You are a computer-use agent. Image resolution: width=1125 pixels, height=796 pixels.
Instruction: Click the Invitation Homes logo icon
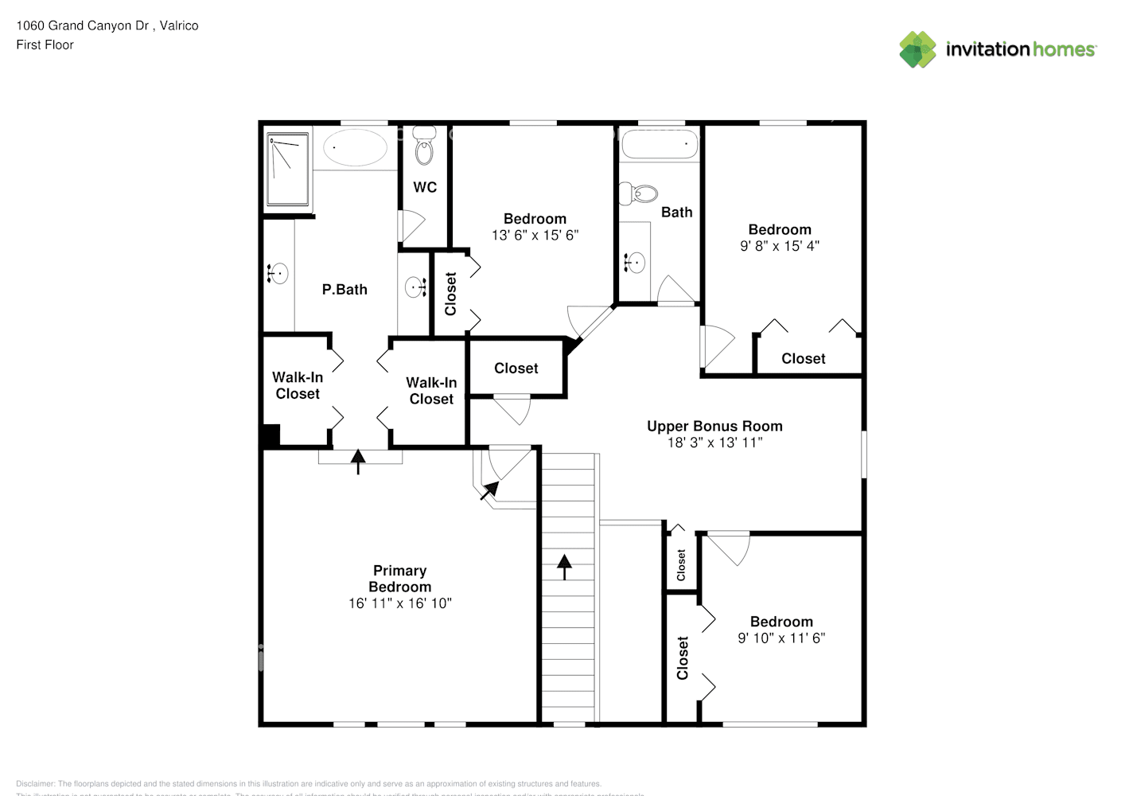(x=917, y=49)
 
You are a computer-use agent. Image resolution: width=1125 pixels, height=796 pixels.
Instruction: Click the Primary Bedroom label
(x=399, y=579)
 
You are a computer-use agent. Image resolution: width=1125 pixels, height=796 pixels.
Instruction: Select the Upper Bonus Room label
(x=714, y=426)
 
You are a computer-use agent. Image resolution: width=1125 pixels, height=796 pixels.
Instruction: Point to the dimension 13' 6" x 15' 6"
(x=535, y=235)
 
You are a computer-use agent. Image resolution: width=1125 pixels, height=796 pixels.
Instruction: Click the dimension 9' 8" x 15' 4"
(x=780, y=246)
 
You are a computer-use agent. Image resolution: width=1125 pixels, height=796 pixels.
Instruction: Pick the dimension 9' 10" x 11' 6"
(x=781, y=638)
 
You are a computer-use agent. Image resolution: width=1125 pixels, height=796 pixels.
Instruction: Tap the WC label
(x=425, y=187)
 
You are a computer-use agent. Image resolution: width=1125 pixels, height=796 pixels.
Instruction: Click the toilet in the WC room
(x=425, y=146)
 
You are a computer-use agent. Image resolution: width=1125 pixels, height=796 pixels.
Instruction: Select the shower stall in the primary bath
(x=287, y=169)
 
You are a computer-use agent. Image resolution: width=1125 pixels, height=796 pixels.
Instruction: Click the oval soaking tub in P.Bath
(x=355, y=147)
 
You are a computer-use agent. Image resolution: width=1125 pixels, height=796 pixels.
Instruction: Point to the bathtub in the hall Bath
(x=660, y=146)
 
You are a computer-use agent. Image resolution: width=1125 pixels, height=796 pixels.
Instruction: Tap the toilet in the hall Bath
(x=639, y=193)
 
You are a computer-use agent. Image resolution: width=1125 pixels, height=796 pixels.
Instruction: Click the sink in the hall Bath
(x=634, y=262)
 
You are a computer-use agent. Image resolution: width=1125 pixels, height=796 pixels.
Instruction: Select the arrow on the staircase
(x=564, y=567)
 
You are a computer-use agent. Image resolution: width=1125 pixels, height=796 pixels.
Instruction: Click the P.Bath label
(x=345, y=290)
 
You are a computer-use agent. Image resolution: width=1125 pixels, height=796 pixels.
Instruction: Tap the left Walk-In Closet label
(x=298, y=385)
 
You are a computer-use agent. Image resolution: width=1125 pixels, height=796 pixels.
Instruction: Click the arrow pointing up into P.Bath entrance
(x=358, y=461)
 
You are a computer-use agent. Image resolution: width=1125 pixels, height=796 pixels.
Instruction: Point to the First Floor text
(x=45, y=45)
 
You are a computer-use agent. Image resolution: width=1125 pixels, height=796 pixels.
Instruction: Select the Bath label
(x=676, y=212)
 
